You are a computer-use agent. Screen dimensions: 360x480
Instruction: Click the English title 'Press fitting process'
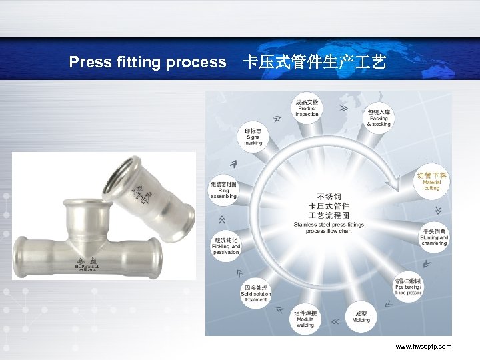[147, 63]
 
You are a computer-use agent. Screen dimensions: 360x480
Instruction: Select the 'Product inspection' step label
[307, 108]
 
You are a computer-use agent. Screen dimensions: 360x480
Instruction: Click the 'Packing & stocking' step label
[379, 117]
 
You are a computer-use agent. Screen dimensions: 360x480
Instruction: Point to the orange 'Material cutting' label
[431, 181]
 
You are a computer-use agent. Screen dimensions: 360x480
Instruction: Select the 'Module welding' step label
[305, 319]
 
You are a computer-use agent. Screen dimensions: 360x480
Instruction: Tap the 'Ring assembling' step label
[223, 190]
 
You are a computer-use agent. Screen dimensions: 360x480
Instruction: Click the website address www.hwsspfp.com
[423, 347]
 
